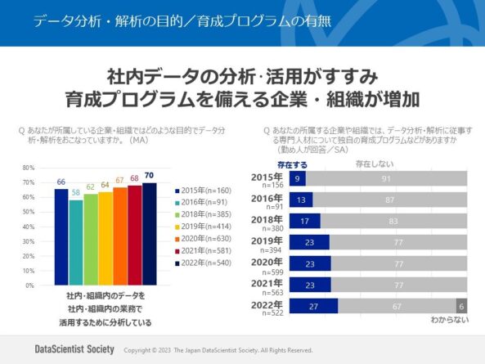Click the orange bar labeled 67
(120, 236)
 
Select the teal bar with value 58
(76, 243)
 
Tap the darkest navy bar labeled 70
(149, 234)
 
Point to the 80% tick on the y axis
(28, 167)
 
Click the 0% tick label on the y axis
(29, 285)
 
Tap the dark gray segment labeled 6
(460, 305)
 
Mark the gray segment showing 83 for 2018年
(393, 221)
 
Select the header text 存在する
(292, 164)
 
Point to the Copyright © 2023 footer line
(218, 350)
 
